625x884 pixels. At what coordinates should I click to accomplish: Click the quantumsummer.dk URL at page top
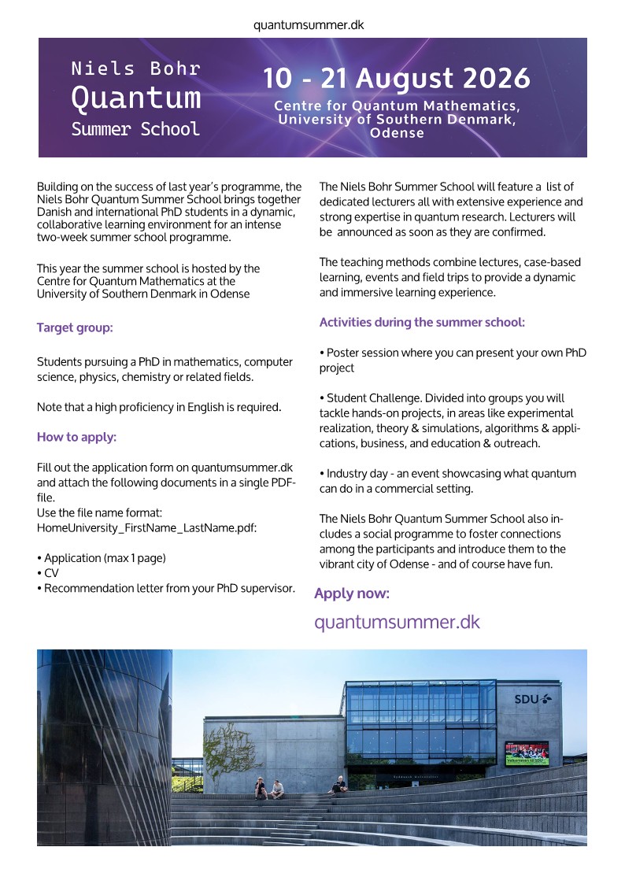click(309, 25)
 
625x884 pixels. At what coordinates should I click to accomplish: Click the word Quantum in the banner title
click(135, 98)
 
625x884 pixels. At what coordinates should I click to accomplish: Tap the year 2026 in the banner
click(496, 80)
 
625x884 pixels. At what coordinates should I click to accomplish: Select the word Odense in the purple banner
click(397, 133)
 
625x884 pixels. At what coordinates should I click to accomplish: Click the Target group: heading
click(75, 327)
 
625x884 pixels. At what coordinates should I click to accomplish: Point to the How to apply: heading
click(76, 437)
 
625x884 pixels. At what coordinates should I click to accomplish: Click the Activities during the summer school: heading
click(422, 322)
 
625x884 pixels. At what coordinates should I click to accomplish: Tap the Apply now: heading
click(352, 594)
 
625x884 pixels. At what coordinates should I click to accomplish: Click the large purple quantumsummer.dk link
click(397, 622)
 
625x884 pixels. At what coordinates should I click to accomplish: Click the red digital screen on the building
click(527, 753)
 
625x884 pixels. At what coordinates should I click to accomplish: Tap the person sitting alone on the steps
click(338, 784)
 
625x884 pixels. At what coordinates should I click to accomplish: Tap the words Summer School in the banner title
click(135, 129)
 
